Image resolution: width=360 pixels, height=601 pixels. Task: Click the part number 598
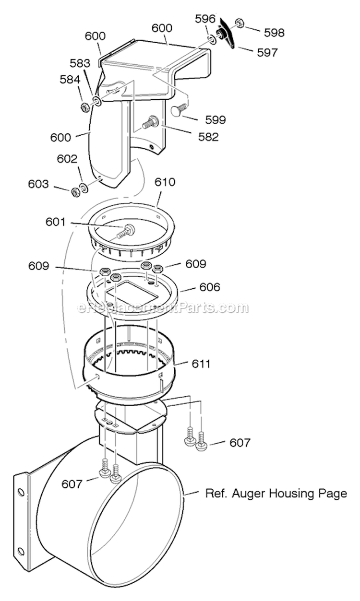tap(274, 33)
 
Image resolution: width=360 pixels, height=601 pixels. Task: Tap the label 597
tap(267, 52)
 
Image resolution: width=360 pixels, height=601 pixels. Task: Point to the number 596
tap(205, 19)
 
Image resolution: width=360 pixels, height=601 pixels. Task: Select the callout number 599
tap(216, 119)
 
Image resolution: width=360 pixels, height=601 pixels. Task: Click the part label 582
tap(208, 137)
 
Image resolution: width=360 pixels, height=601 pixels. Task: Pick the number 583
tap(80, 63)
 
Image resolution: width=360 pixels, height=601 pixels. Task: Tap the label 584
tap(70, 80)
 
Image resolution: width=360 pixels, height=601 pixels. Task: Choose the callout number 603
tap(38, 184)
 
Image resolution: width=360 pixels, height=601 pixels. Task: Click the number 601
tap(56, 222)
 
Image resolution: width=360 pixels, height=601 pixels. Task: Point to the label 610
tap(165, 182)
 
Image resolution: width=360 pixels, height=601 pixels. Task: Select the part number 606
tap(210, 287)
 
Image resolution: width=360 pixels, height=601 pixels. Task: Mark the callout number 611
tap(201, 364)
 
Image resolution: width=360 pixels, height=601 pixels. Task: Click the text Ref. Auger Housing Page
tap(276, 493)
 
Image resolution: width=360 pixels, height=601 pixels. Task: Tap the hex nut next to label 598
tap(239, 23)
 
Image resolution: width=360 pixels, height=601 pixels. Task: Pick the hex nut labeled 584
tap(85, 107)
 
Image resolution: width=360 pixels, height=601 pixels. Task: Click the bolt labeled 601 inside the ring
tap(126, 231)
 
